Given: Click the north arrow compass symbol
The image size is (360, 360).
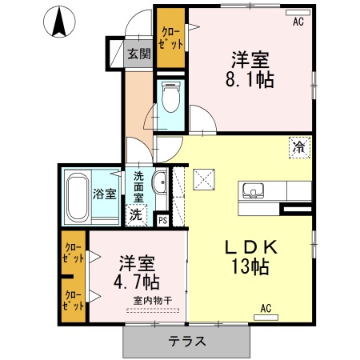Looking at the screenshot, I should tap(58, 22).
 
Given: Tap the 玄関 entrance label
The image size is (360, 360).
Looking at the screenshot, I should tap(138, 54).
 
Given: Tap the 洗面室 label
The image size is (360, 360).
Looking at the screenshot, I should tap(138, 188).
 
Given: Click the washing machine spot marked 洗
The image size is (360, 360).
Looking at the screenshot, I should tap(137, 214).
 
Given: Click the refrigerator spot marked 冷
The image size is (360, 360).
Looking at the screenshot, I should tap(298, 147).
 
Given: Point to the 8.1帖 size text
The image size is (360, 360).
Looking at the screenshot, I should tap(250, 80).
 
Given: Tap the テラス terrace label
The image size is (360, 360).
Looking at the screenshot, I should tap(187, 341).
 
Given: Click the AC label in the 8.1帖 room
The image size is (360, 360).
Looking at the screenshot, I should tap(298, 23).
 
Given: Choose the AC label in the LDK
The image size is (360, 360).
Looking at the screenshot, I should tap(266, 307).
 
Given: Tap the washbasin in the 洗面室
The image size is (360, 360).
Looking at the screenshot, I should tap(158, 183).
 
